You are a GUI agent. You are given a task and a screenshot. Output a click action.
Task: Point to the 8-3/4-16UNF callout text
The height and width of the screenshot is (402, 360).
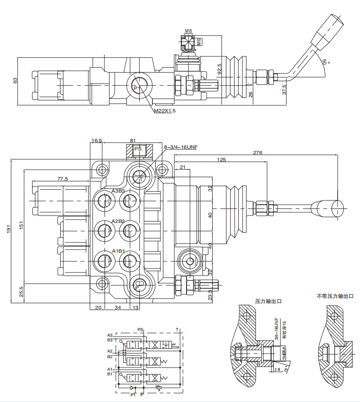coord(181,147)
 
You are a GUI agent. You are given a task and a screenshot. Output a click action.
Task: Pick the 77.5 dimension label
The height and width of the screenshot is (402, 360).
coord(62,179)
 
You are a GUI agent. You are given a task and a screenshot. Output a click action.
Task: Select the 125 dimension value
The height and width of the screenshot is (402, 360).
coord(221,160)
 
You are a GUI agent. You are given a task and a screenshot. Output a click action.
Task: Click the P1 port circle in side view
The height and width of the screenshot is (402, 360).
coord(137,88)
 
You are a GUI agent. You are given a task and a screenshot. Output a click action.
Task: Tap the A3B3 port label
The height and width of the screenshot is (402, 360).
coord(118,191)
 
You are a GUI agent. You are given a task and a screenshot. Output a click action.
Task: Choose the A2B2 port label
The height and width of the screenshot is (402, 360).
coord(118,221)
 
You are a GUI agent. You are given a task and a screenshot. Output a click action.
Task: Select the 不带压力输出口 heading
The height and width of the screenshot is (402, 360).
coord(335,296)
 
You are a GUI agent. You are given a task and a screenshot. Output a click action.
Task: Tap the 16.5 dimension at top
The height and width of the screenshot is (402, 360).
coord(97,140)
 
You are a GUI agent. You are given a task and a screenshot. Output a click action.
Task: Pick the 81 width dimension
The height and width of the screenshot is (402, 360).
coord(133,140)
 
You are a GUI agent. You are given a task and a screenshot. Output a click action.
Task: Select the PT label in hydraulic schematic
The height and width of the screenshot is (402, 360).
coord(133,395)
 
